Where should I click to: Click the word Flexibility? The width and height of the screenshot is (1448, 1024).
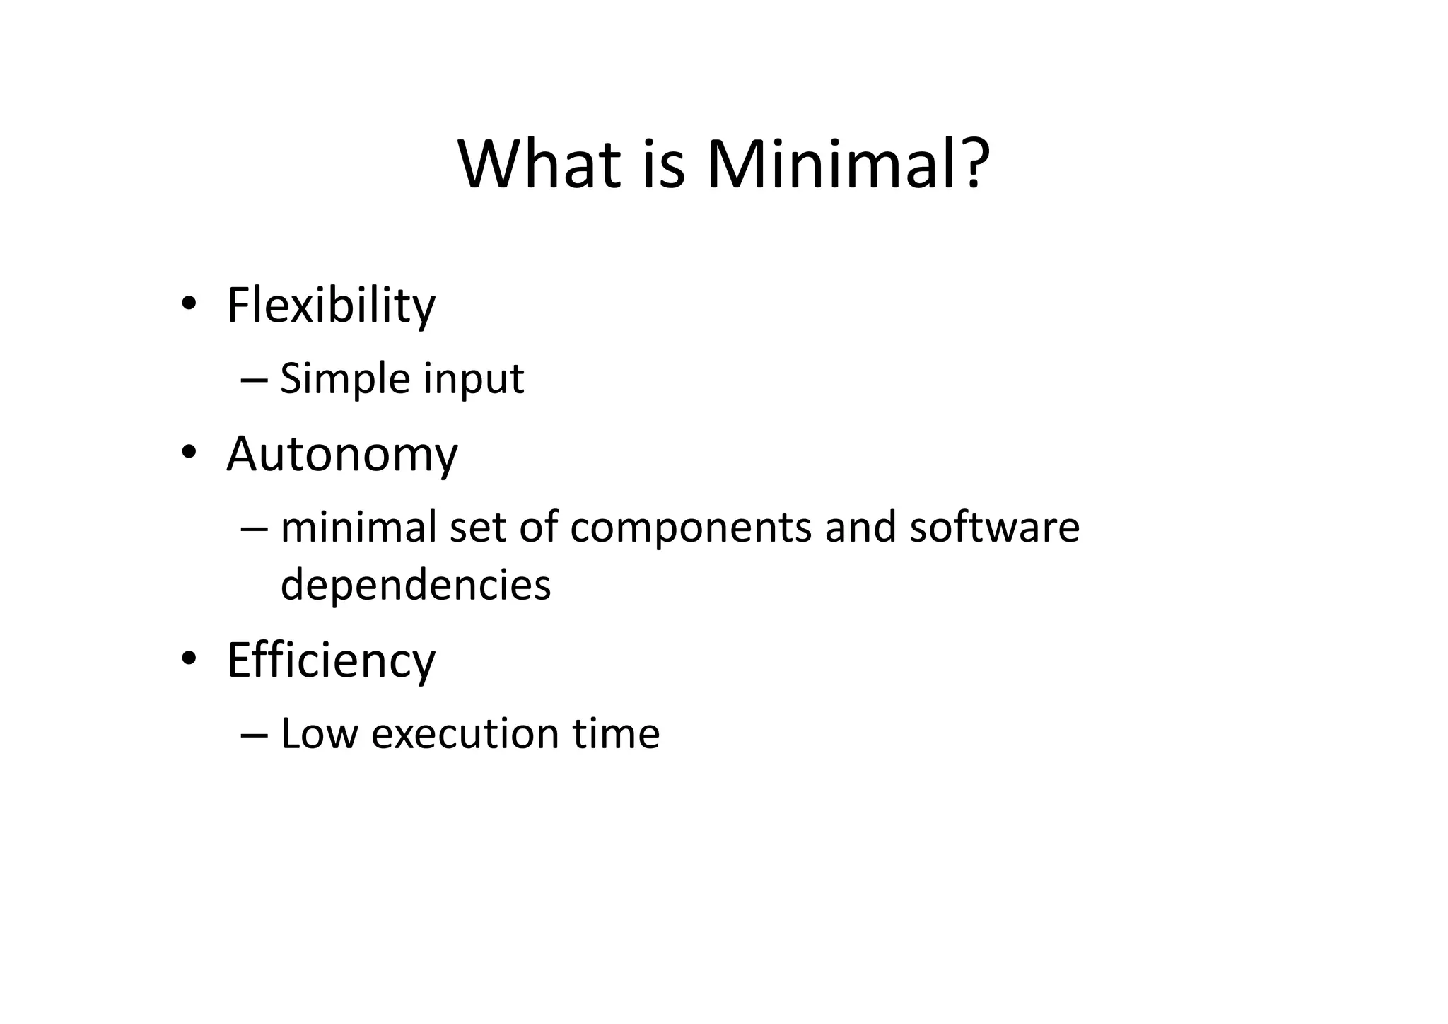(331, 306)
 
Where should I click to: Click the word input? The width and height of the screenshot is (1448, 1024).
(474, 379)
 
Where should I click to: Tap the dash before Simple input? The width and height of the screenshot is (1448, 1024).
(254, 380)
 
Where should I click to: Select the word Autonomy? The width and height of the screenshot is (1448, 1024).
(342, 454)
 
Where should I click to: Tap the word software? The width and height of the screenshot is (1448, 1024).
(994, 528)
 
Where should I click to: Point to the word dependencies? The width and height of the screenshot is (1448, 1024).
(416, 586)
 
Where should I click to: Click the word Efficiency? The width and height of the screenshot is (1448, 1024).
(331, 661)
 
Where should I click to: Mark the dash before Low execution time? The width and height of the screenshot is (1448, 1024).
(254, 734)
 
